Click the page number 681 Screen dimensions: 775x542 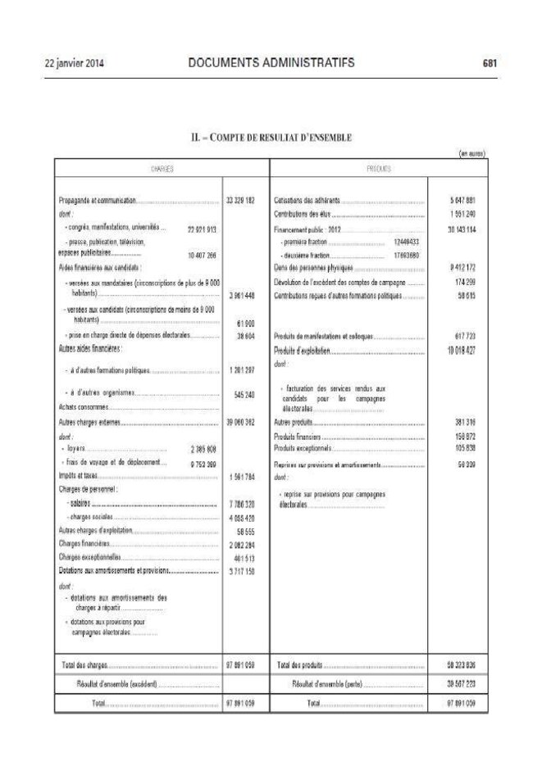pyautogui.click(x=490, y=62)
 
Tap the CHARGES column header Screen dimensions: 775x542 pyautogui.click(x=162, y=169)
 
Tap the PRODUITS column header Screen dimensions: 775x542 pyautogui.click(x=378, y=169)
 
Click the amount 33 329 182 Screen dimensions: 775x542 pyautogui.click(x=240, y=200)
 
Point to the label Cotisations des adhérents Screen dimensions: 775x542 pyautogui.click(x=307, y=200)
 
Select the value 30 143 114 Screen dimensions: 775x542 pyautogui.click(x=462, y=229)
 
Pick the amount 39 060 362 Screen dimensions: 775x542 pyautogui.click(x=240, y=423)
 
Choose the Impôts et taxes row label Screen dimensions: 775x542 pyautogui.click(x=78, y=474)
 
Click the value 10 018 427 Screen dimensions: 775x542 pyautogui.click(x=462, y=350)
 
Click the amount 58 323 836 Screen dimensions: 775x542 pyautogui.click(x=462, y=664)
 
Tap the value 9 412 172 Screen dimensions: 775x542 pyautogui.click(x=462, y=267)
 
